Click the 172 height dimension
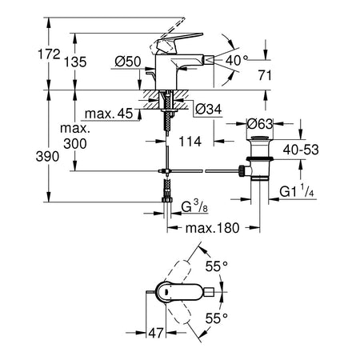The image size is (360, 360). [49, 54]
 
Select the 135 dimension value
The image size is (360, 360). [75, 62]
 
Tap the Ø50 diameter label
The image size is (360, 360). [128, 62]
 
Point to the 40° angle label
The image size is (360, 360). [237, 60]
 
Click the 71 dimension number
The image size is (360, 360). [265, 75]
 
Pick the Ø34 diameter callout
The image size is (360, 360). [209, 109]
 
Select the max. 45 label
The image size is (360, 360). [109, 114]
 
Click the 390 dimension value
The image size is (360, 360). [47, 156]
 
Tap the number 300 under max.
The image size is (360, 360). [75, 144]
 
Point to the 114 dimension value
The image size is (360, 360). [190, 142]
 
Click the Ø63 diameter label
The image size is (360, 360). [260, 124]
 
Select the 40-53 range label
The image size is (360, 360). [301, 150]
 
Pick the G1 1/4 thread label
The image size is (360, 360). [297, 191]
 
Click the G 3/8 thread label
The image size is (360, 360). [194, 206]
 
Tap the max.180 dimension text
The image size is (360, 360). [213, 228]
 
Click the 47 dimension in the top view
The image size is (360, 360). [156, 333]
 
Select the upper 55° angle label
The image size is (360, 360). [217, 266]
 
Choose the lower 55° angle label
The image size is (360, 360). [217, 318]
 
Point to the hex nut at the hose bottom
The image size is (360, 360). [167, 200]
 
